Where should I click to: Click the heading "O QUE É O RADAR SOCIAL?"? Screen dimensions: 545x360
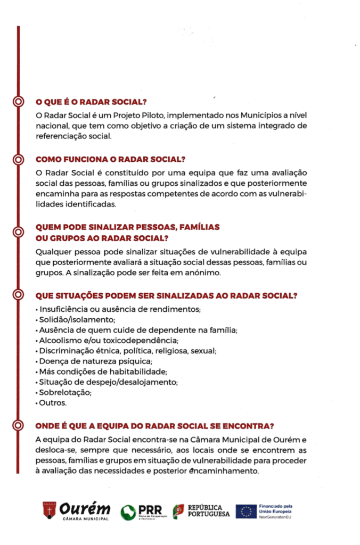[x=91, y=101]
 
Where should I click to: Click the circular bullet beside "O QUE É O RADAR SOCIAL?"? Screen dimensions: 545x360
[x=19, y=101]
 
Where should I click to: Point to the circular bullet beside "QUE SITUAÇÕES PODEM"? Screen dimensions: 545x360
[x=19, y=295]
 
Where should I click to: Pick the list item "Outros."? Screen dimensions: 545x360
[x=52, y=403]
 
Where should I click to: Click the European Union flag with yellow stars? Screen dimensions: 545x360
[x=246, y=511]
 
